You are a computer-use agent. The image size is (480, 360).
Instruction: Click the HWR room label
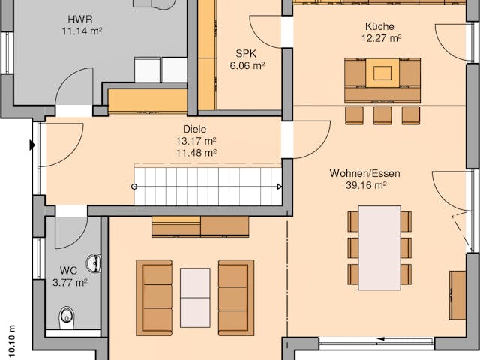[80, 18]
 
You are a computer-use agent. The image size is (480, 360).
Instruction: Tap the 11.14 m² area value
[82, 31]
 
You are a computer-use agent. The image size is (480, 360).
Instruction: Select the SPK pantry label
[245, 53]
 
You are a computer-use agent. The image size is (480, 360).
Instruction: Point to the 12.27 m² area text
[380, 38]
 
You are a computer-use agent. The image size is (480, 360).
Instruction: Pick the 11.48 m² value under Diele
[196, 152]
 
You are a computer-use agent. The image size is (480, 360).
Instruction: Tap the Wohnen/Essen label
[364, 173]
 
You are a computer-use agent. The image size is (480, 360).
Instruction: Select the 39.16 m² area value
[365, 185]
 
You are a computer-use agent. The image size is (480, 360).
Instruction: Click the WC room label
[69, 270]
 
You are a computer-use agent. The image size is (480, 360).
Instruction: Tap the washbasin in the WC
[94, 262]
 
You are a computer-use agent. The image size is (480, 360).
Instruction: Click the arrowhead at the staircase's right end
[279, 187]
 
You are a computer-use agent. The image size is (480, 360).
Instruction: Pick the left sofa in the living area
[154, 297]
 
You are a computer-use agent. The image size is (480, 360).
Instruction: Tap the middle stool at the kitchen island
[382, 115]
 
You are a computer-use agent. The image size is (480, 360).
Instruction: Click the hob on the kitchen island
[382, 73]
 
